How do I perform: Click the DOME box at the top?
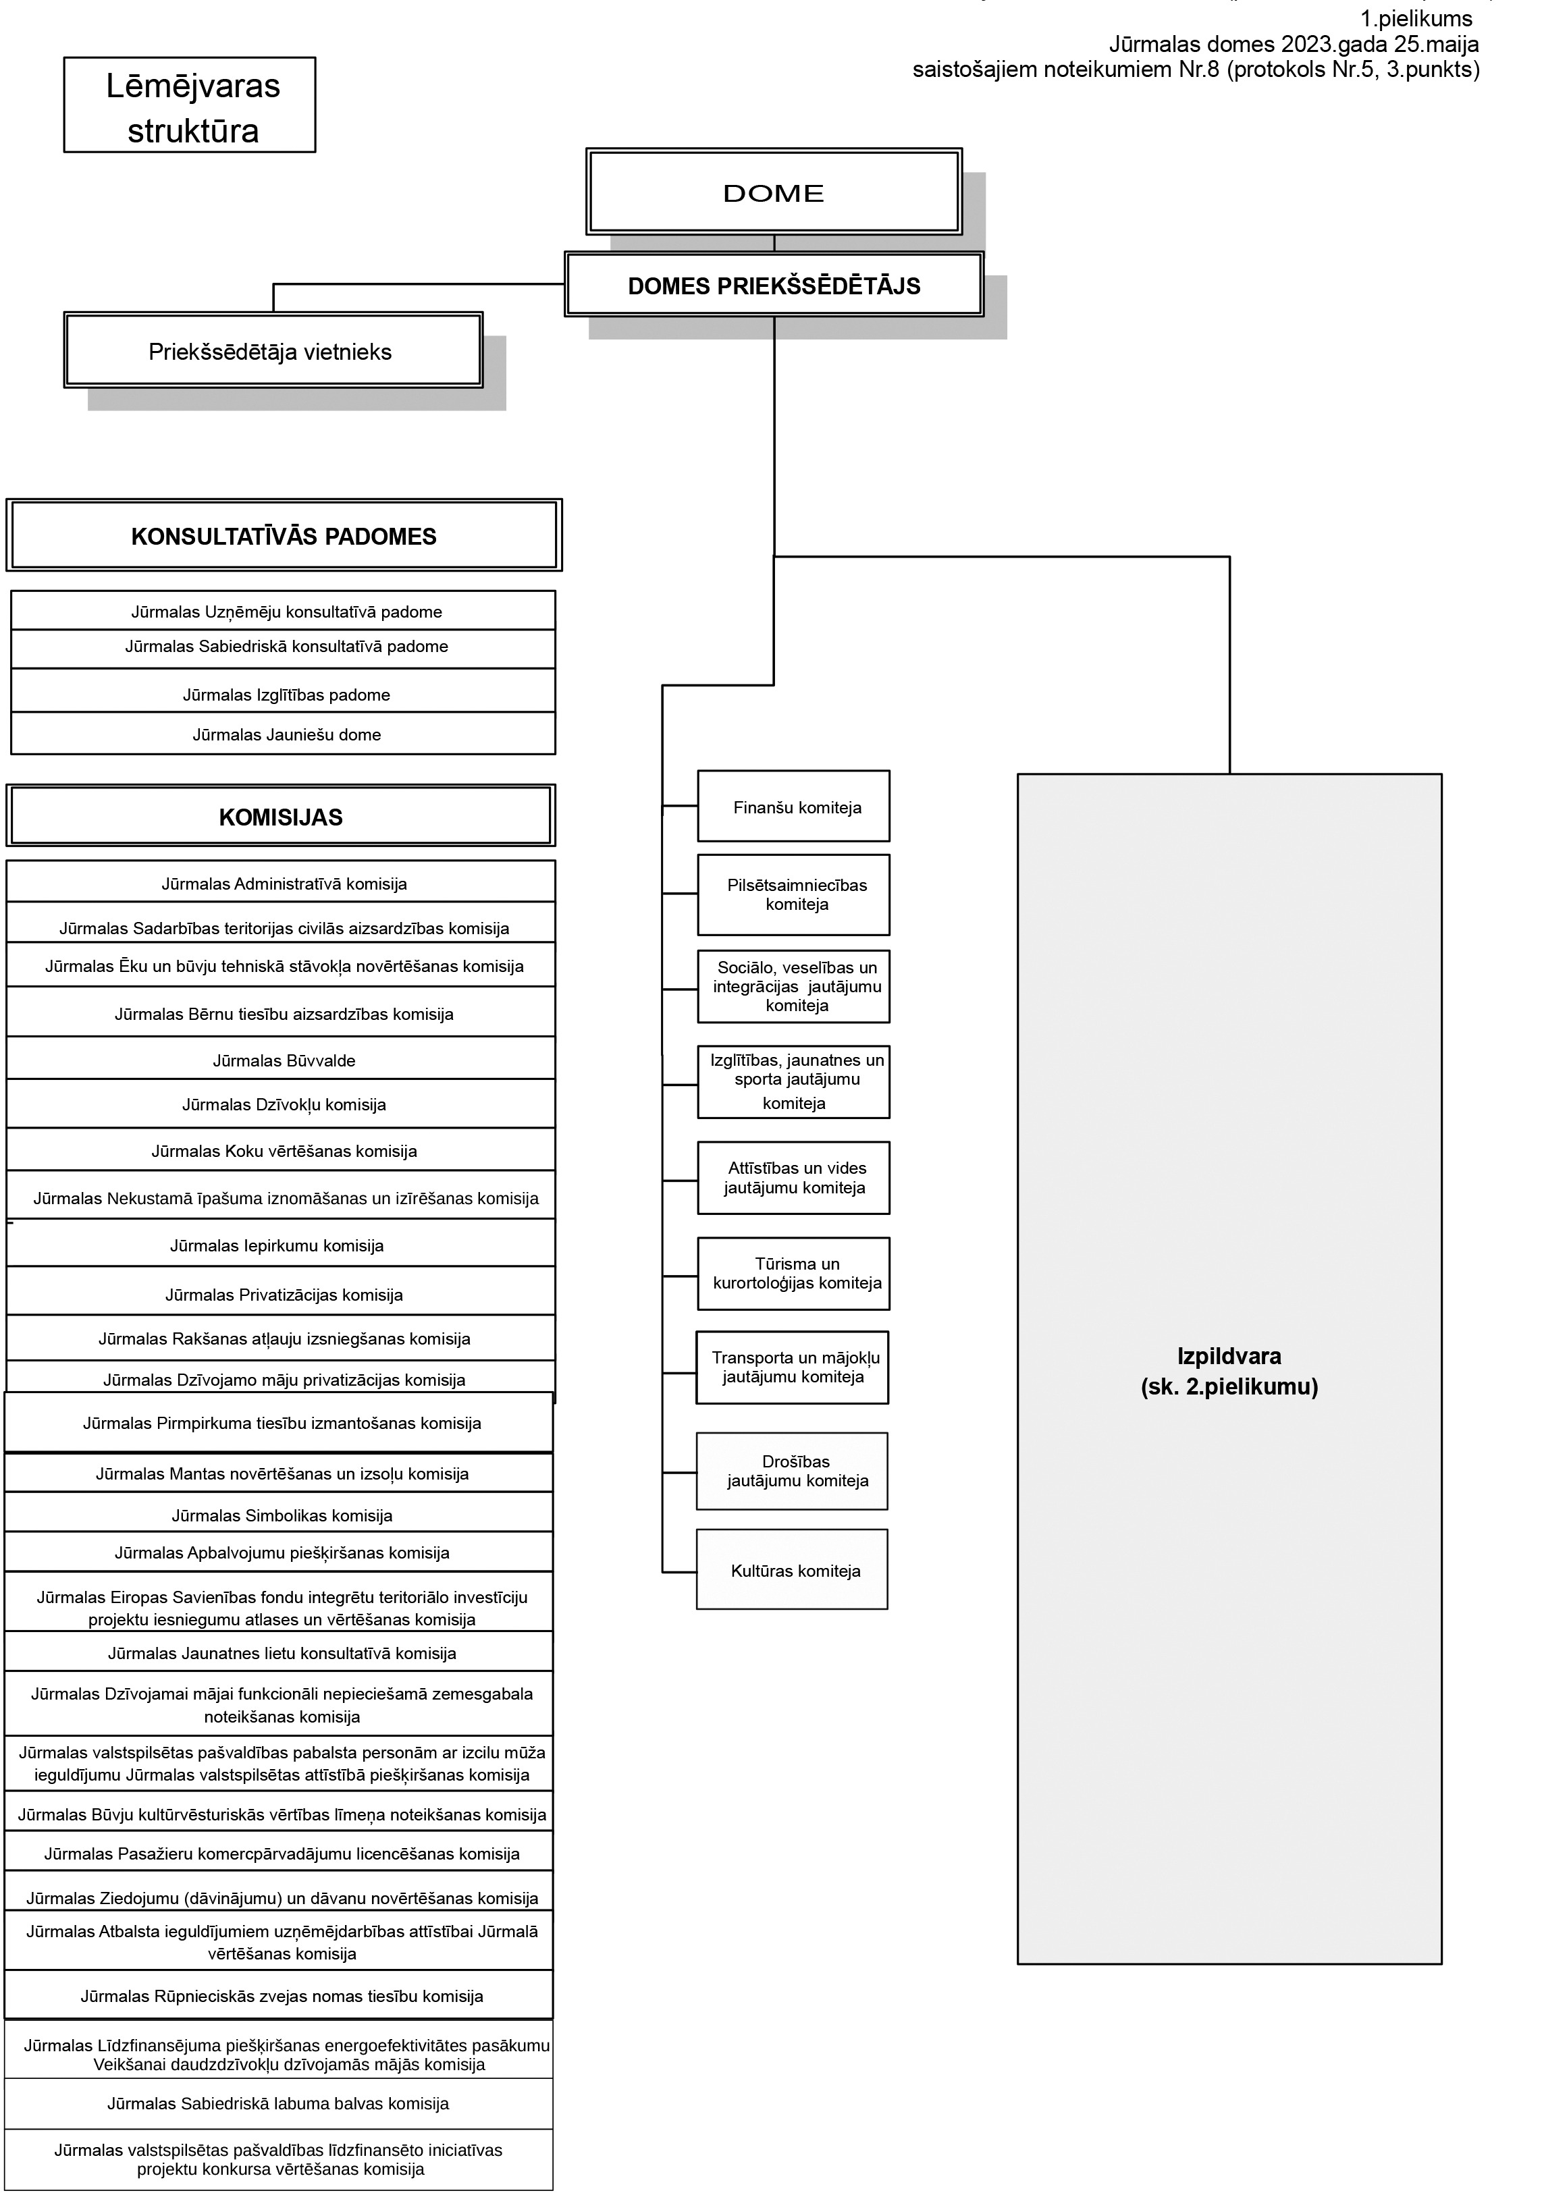774,192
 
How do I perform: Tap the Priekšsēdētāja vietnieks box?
273,350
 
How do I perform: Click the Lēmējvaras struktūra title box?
190,105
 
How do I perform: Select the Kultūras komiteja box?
792,1571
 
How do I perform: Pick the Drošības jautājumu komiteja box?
792,1472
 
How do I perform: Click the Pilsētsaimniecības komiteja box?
794,895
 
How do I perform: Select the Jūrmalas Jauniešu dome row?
284,734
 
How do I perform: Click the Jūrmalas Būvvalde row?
281,1058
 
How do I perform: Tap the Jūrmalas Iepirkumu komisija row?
281,1243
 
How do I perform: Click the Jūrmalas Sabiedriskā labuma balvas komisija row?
279,2104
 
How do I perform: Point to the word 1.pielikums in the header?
1416,18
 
